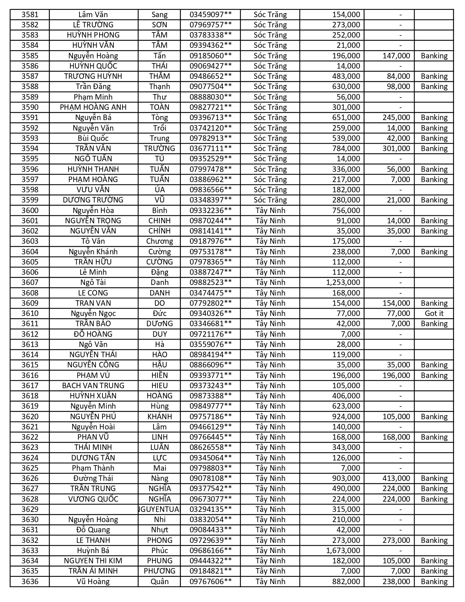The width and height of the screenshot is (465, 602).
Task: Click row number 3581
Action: pos(30,15)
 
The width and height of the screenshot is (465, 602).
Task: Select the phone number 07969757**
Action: pos(210,25)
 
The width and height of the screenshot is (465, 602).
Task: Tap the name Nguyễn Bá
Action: pos(93,117)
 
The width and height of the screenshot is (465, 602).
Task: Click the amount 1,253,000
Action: pos(343,282)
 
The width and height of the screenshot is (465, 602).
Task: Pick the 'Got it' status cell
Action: pos(434,313)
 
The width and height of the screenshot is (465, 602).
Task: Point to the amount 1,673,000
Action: pos(343,551)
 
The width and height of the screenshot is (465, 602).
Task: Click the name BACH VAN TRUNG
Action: pos(93,386)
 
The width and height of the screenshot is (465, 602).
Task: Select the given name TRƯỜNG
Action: pos(159,148)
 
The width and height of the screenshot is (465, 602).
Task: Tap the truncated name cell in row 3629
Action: pos(159,509)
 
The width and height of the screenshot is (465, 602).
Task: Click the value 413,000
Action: pos(396,478)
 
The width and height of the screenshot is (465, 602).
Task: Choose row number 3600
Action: pos(30,211)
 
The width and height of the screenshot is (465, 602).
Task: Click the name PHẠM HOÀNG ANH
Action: pos(93,107)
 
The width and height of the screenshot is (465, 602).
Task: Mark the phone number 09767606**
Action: pos(210,582)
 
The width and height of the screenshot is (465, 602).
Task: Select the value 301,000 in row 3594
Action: pos(396,148)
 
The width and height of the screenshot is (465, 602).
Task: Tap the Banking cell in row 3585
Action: pos(434,56)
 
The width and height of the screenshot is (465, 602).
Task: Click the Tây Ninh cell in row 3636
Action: pos(270,582)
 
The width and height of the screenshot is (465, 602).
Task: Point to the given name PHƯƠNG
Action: pos(159,571)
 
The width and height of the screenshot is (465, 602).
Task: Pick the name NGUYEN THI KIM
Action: pos(93,561)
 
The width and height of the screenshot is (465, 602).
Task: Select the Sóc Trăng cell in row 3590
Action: pos(270,107)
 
